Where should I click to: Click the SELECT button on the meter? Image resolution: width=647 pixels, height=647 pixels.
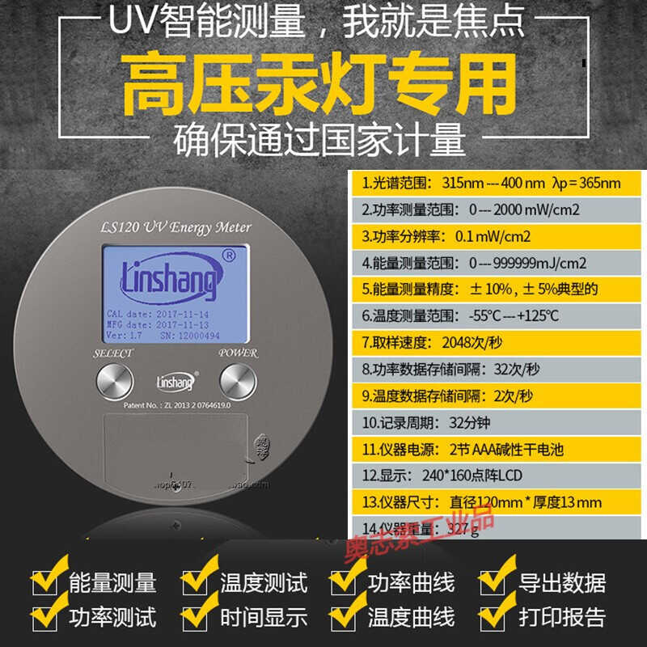[114, 379]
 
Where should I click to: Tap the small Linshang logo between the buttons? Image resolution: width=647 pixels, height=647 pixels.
[175, 380]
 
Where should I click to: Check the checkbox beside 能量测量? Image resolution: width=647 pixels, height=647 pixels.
[44, 582]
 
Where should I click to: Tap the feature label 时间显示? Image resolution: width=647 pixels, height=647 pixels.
[264, 617]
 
